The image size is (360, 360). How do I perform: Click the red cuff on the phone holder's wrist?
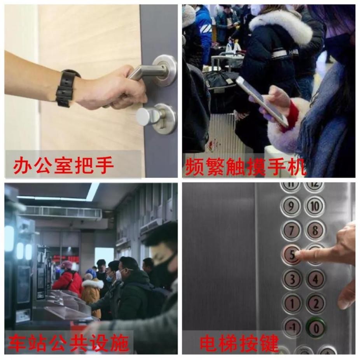[x=293, y=116]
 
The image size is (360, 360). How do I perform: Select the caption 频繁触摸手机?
[x=245, y=166]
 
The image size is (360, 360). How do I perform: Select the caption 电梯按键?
[x=239, y=343]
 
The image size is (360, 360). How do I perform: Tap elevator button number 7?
[x=291, y=231]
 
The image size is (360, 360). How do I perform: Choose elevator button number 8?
[x=315, y=231]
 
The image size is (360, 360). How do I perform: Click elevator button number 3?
[x=292, y=279]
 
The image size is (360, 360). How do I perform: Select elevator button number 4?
[x=315, y=279]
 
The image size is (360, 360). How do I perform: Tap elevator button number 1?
[x=292, y=303]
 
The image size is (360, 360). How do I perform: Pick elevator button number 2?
[x=315, y=303]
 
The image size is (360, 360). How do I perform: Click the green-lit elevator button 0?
[x=316, y=328]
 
